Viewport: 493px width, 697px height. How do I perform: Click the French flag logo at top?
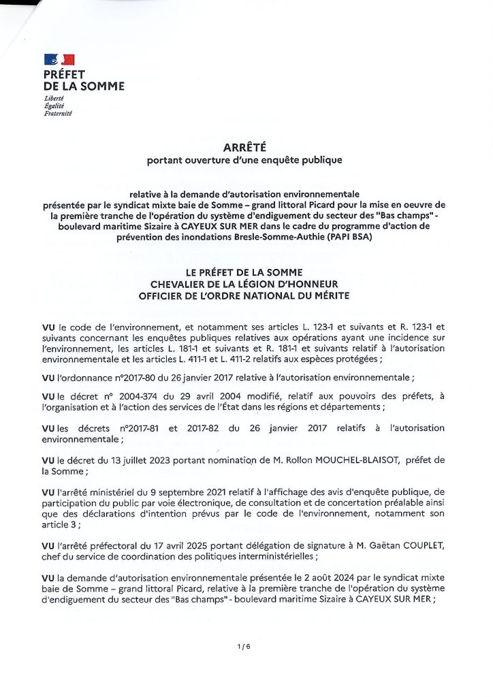pyautogui.click(x=59, y=60)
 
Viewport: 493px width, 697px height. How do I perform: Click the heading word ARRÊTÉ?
pyautogui.click(x=246, y=147)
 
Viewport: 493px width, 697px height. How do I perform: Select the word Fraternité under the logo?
pyautogui.click(x=58, y=113)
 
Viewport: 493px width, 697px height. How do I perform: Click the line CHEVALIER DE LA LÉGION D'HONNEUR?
pyautogui.click(x=246, y=283)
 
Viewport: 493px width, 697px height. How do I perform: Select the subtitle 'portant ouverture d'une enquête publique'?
pyautogui.click(x=246, y=161)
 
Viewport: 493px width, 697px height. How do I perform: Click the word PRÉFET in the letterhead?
pyautogui.click(x=65, y=74)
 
